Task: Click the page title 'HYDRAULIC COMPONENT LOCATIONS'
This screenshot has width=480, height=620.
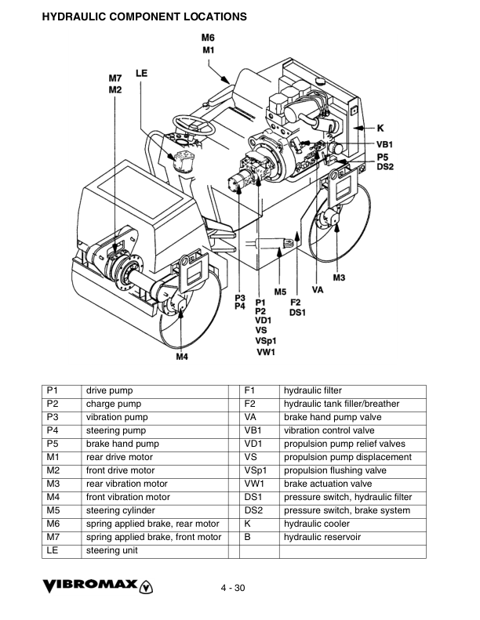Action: point(144,16)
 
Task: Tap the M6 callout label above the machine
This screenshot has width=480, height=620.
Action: point(208,38)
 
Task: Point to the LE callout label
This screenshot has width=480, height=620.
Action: point(142,73)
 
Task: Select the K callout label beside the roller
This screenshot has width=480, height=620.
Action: point(380,127)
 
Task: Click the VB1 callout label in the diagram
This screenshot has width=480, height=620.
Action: point(384,144)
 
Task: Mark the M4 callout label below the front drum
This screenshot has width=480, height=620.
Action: point(181,357)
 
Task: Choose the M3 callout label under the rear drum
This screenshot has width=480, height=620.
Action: point(339,277)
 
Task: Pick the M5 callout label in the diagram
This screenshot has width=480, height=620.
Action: point(281,292)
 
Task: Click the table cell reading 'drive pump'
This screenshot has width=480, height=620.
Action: point(110,390)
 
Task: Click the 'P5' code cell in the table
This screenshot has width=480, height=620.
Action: point(53,444)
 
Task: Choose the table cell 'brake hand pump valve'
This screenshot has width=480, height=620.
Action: point(333,417)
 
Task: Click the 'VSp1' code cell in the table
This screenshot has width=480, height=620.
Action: point(255,470)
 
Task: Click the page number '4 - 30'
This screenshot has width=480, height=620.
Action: point(233,589)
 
